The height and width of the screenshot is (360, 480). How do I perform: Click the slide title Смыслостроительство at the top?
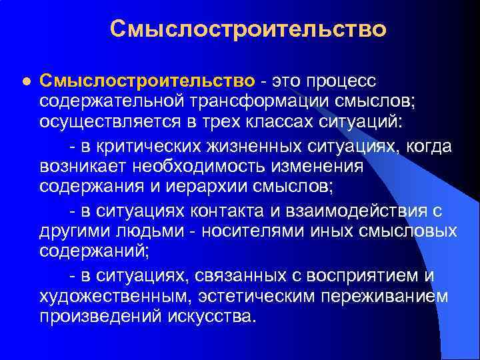pos(248,29)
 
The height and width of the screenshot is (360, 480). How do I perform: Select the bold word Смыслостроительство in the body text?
pos(147,81)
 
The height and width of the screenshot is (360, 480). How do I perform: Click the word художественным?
pos(113,296)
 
